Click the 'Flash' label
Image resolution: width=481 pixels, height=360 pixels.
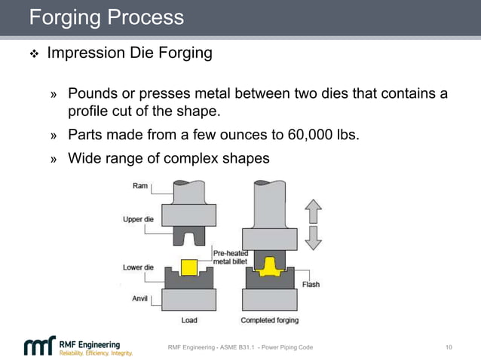(311, 284)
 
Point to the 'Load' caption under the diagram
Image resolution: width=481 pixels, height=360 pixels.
(189, 320)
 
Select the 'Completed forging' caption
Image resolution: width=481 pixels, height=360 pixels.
(269, 320)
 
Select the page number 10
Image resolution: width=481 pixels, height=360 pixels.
(449, 347)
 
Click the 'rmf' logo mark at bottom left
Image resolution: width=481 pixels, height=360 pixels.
(39, 346)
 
